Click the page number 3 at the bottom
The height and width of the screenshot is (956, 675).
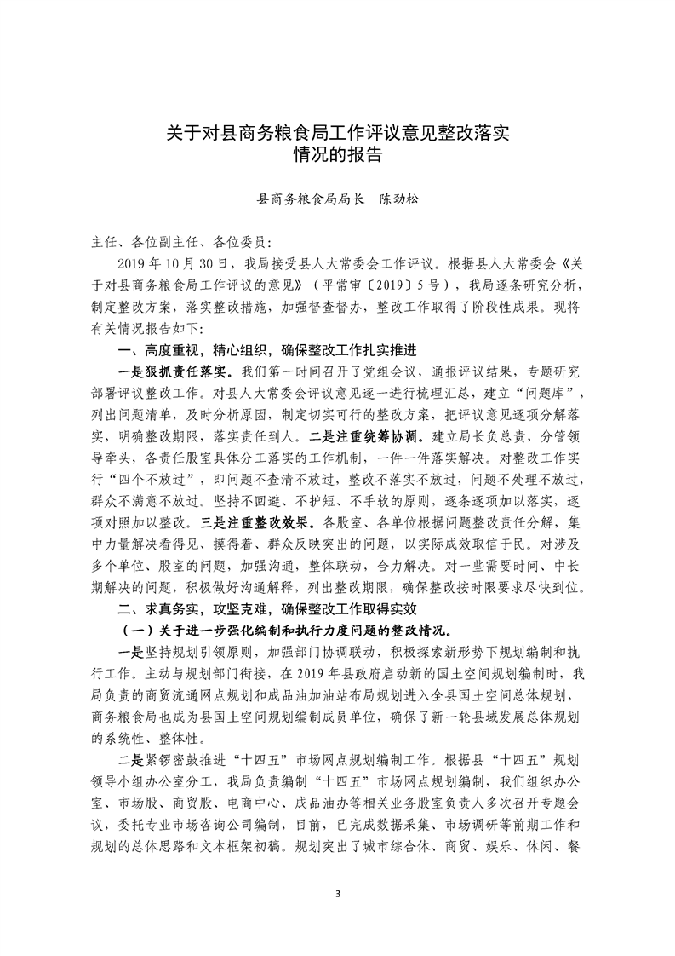point(338,894)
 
